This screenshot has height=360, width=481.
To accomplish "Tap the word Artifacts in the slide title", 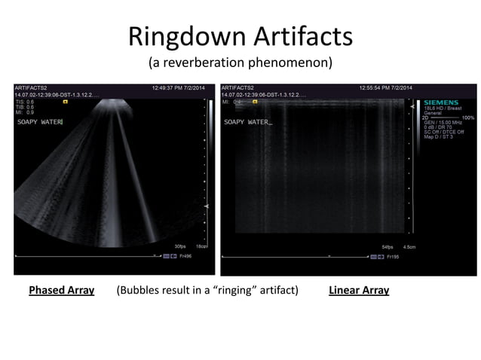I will click(298, 36).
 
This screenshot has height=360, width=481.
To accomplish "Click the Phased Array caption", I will click(61, 290).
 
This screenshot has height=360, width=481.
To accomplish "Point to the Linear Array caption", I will click(359, 290).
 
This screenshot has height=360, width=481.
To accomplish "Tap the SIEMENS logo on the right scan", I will click(441, 102).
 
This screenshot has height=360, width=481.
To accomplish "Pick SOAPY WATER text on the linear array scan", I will click(247, 121).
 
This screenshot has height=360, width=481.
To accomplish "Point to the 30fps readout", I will click(181, 246).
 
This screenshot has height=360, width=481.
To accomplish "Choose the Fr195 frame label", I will click(394, 256).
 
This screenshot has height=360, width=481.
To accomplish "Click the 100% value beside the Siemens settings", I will click(468, 117).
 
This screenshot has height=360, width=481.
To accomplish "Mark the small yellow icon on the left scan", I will click(66, 101).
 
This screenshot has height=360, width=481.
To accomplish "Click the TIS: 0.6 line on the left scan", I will click(24, 102).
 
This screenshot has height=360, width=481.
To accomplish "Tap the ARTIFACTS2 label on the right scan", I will click(238, 88).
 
